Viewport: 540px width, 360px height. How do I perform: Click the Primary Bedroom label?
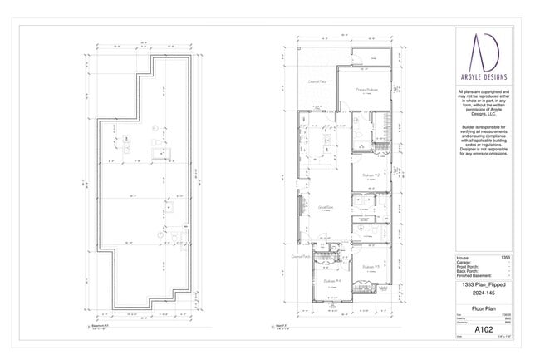point(367,89)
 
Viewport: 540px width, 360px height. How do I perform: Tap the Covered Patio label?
point(316,82)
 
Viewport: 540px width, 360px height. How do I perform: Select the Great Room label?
point(326,208)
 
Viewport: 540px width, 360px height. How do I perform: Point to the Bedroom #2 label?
point(371,175)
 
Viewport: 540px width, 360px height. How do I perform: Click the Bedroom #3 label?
point(371,265)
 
